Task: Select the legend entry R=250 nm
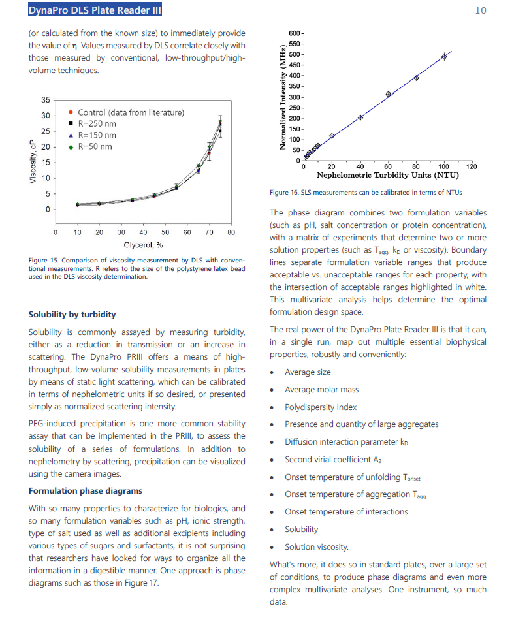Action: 97,123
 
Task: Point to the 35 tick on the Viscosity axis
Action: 45,100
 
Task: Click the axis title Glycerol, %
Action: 143,245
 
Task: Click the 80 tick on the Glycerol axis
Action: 232,232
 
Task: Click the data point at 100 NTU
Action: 444,57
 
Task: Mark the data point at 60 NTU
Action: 389,94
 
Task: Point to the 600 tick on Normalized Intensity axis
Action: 293,33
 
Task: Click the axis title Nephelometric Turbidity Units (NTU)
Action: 387,175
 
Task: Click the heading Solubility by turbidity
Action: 72,314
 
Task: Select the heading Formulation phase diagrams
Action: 86,490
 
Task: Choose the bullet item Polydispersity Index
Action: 321,407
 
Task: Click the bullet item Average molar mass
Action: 321,389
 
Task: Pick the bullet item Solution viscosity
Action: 317,547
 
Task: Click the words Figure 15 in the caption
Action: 46,261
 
